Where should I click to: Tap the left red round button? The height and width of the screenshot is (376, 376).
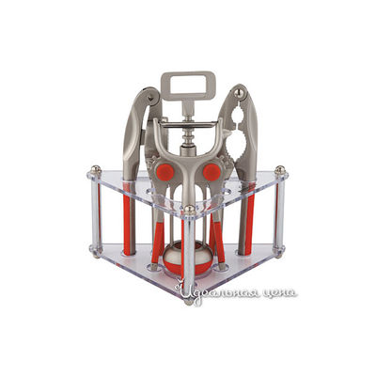[165, 172]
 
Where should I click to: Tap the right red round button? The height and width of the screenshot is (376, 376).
[211, 172]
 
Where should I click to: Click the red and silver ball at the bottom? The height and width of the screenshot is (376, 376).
[182, 258]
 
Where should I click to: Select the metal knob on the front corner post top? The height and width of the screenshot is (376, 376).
[189, 210]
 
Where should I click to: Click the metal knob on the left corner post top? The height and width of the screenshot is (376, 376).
[96, 170]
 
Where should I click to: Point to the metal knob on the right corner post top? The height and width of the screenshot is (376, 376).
[280, 170]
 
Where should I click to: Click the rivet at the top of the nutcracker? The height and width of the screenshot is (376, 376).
[240, 92]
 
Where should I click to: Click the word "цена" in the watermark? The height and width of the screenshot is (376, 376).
[279, 293]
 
